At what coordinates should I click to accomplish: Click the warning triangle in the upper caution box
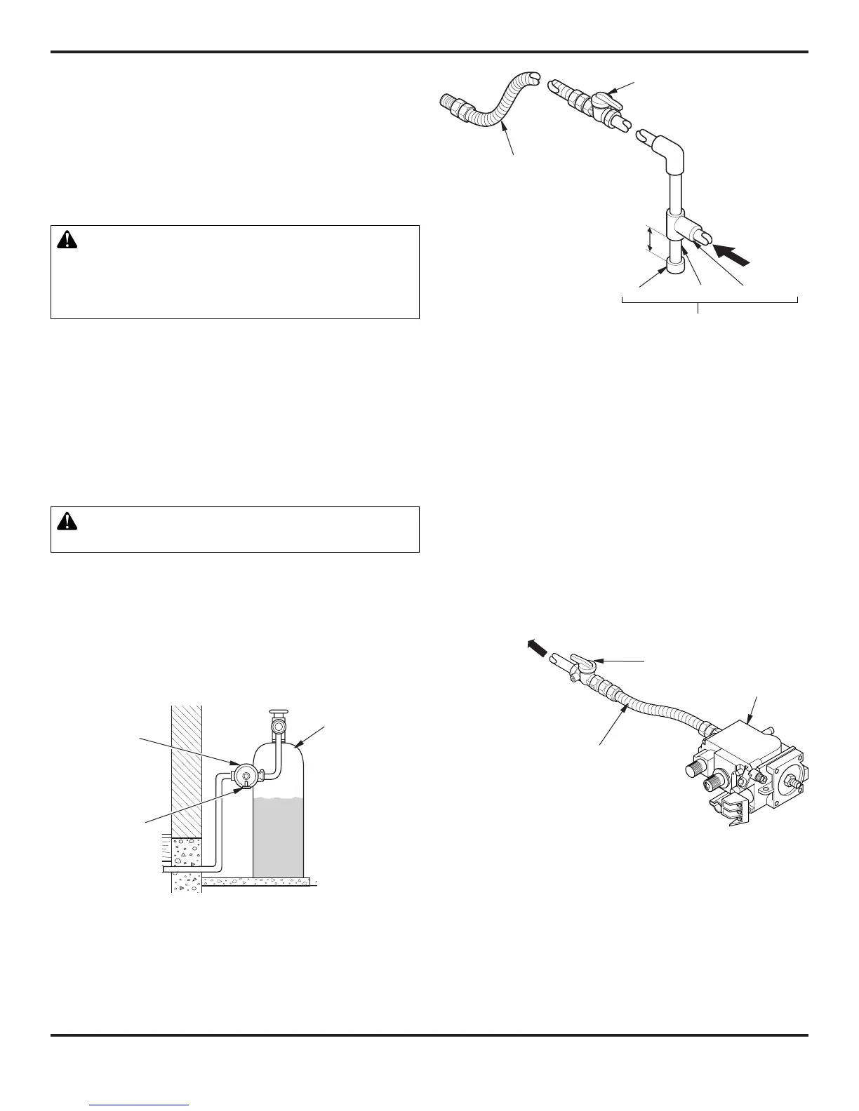tap(67, 240)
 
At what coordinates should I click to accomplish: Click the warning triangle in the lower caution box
tap(67, 521)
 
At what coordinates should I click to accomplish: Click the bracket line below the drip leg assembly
tap(710, 300)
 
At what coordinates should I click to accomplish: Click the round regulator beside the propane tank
tap(244, 774)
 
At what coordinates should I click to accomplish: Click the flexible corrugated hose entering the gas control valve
tap(660, 709)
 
